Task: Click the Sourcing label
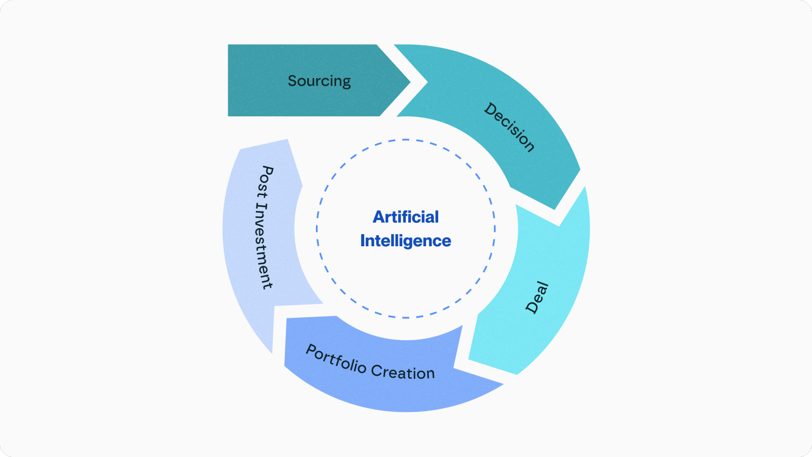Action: click(319, 81)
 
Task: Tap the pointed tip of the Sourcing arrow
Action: click(409, 82)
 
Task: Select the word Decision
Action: click(509, 127)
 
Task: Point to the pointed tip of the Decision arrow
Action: click(554, 209)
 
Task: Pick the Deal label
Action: click(536, 298)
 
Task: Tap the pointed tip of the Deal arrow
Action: click(469, 360)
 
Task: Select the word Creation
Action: click(403, 372)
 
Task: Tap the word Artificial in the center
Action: click(405, 217)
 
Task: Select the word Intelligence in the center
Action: click(405, 241)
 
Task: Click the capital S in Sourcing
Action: click(292, 81)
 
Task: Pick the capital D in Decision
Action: click(491, 109)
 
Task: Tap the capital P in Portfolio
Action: click(312, 351)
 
